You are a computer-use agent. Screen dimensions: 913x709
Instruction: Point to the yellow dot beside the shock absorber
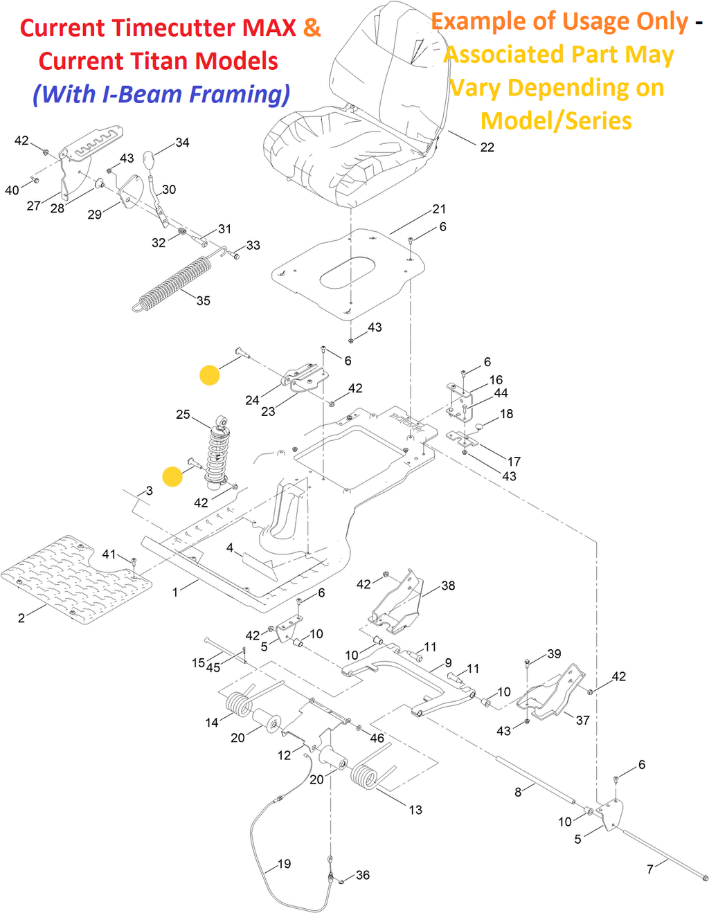coord(172,476)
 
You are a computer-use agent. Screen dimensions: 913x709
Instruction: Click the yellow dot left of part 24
coord(210,374)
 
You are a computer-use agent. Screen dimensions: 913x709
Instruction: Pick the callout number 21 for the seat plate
coord(439,209)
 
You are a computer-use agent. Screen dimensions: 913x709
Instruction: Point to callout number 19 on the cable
coord(284,864)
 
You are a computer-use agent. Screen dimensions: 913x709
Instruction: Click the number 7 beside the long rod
coord(649,869)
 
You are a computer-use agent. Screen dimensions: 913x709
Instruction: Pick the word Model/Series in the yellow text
coord(556,120)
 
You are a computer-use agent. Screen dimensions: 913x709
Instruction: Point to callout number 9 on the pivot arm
coord(448,663)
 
